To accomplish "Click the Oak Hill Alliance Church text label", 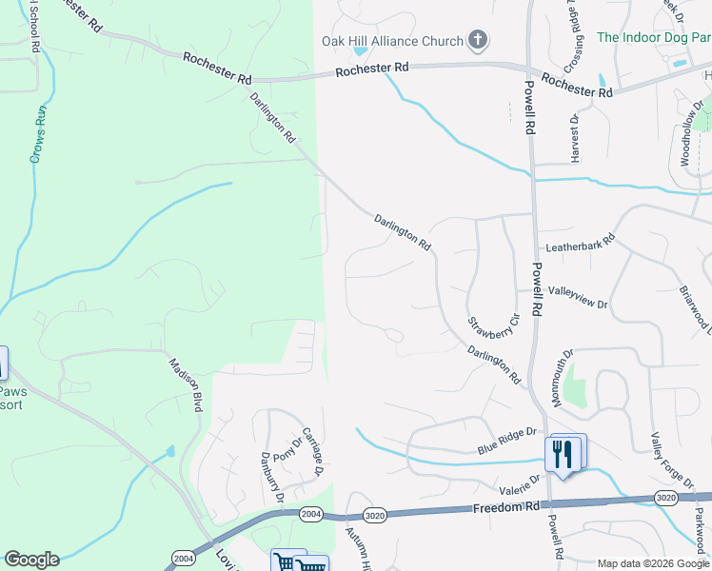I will [x=391, y=40].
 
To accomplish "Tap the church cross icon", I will [x=478, y=40].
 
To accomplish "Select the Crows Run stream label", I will [x=37, y=134].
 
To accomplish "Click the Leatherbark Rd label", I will [x=576, y=245].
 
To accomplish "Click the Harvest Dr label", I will [x=574, y=139].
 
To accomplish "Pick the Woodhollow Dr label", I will [x=690, y=133].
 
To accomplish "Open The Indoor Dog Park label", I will [x=653, y=38].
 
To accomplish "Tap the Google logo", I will [x=31, y=560].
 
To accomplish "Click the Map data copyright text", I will [x=652, y=563].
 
